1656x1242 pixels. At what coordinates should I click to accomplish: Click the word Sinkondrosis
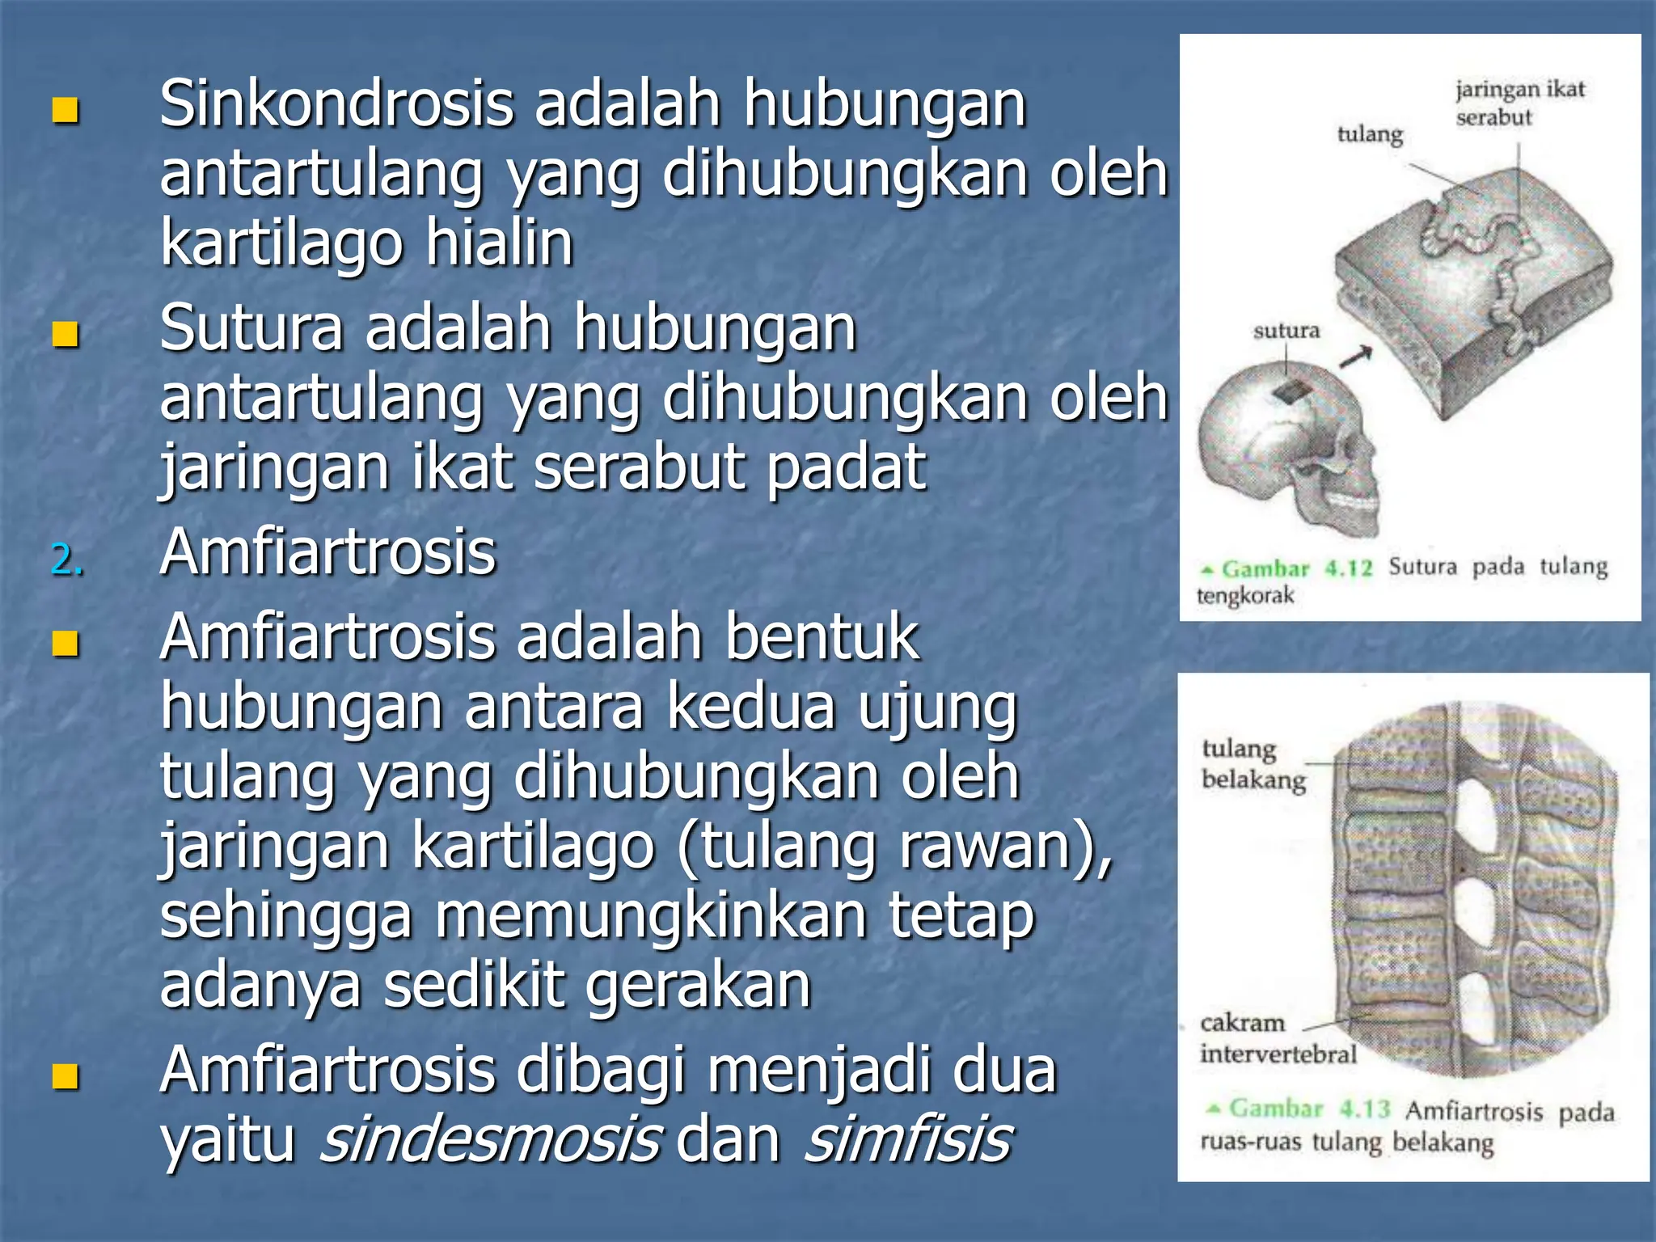(x=336, y=105)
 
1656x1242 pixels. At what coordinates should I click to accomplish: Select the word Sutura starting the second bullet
(x=251, y=329)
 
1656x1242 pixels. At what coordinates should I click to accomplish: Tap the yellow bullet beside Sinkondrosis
(x=65, y=111)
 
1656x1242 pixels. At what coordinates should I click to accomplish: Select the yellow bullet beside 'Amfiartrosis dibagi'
(x=65, y=1075)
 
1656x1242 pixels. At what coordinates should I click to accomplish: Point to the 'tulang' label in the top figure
(x=1370, y=133)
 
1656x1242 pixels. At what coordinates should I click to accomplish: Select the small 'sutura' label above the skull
(x=1286, y=331)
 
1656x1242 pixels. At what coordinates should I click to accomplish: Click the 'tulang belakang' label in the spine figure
(x=1253, y=764)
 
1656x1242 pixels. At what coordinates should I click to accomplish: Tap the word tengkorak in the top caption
(x=1245, y=596)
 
